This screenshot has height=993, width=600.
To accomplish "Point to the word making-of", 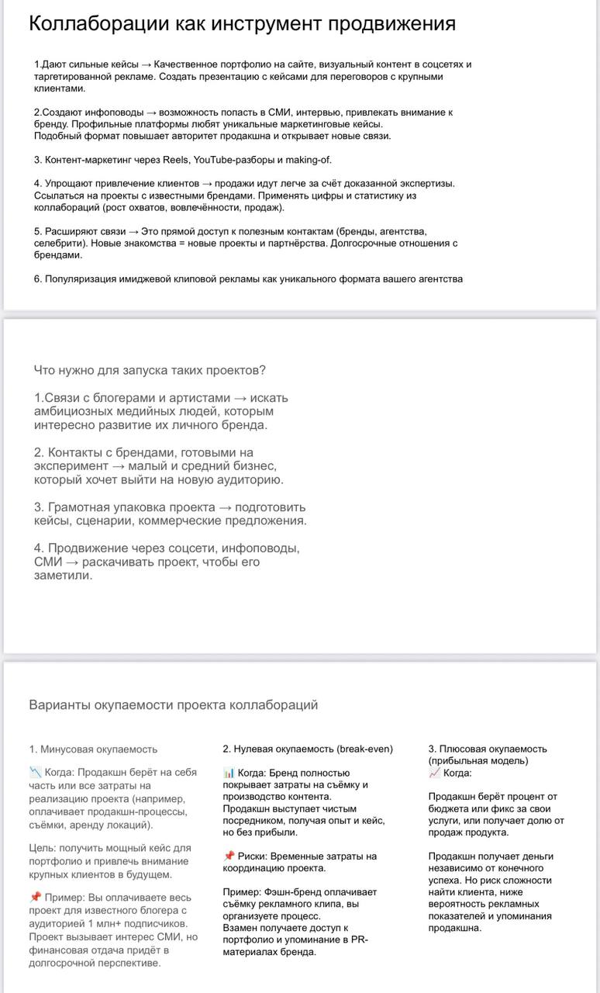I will click(x=309, y=160).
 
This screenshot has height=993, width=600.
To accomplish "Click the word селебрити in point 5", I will click(x=57, y=243).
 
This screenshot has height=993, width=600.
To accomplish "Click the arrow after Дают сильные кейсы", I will click(x=147, y=64).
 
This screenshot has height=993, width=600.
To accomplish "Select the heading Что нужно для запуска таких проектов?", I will click(x=150, y=370).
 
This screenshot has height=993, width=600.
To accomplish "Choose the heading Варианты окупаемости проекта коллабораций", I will click(x=173, y=705).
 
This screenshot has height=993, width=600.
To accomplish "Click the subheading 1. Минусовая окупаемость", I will click(x=93, y=749).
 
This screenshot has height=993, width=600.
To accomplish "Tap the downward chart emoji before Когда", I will click(x=35, y=773).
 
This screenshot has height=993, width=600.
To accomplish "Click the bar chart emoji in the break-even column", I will click(x=229, y=773).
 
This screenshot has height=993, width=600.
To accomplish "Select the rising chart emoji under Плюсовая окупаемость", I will click(x=434, y=773).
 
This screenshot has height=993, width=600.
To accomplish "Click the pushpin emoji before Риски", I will click(x=229, y=856).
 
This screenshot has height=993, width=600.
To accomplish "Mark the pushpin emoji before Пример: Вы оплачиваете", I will click(x=35, y=898).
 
